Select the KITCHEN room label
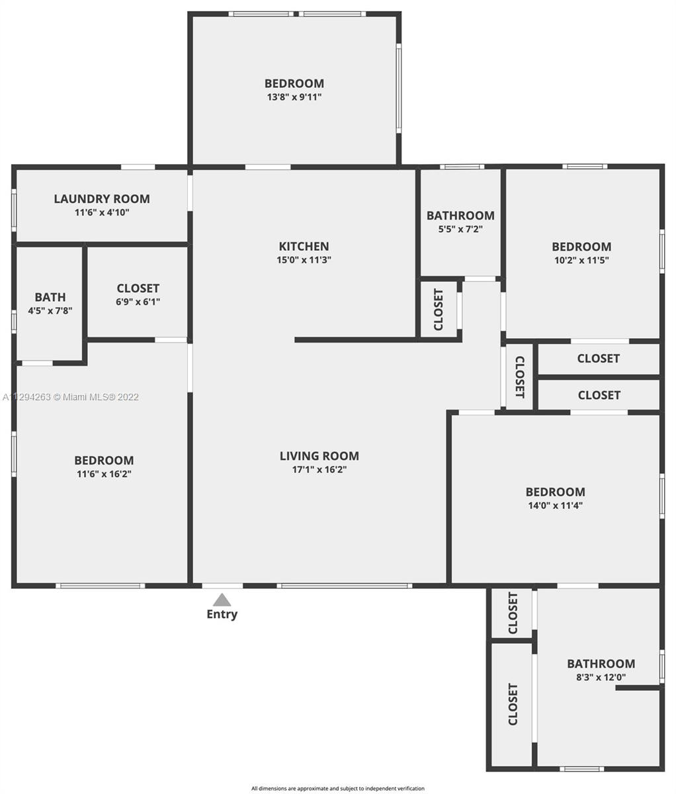tap(304, 246)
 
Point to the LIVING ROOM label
tap(319, 456)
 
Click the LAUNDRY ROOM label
tap(102, 199)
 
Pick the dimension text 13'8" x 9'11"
tap(294, 97)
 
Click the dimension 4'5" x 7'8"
tap(50, 310)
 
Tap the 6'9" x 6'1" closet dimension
tap(138, 302)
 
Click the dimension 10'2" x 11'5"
tap(581, 260)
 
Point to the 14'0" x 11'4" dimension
tap(556, 505)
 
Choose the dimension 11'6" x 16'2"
tap(104, 474)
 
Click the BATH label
tap(50, 297)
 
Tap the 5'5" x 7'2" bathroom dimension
tap(460, 229)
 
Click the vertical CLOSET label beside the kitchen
tap(439, 310)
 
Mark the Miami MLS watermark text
tap(71, 397)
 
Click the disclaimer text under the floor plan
tap(338, 788)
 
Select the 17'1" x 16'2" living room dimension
tap(319, 469)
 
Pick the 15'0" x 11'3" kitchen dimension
tap(304, 259)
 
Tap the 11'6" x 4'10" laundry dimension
tap(102, 212)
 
